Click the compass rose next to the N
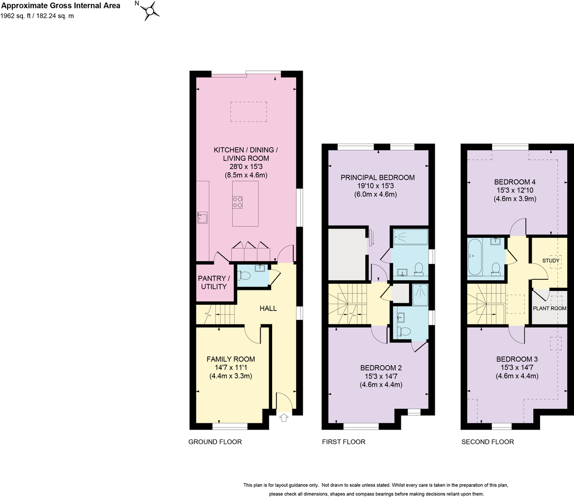click(150, 11)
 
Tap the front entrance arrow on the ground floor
click(284, 418)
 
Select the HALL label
click(268, 308)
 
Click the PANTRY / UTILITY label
click(214, 282)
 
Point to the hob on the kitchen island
click(237, 202)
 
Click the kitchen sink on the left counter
click(202, 218)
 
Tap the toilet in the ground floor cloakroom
click(244, 276)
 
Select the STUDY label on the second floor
click(551, 261)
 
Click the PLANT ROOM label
click(549, 308)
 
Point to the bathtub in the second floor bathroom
click(475, 257)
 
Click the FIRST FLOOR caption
click(343, 442)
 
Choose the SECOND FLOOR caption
click(487, 442)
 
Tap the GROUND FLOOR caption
click(215, 442)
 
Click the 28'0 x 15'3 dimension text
click(246, 166)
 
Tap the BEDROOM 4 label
click(515, 182)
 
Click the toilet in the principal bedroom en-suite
click(419, 269)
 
